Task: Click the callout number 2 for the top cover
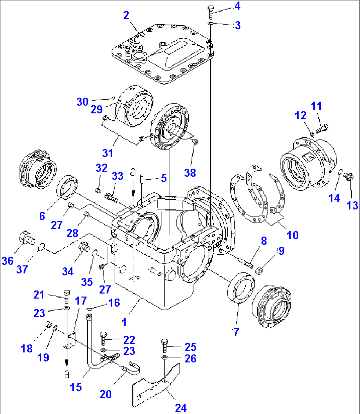tap(126, 15)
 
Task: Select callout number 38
tap(190, 172)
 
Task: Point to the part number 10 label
tap(293, 235)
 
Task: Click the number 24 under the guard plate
tap(180, 408)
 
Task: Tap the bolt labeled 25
tap(164, 346)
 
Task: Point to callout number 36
tap(8, 261)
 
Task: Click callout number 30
tap(83, 102)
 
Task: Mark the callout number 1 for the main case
tap(124, 321)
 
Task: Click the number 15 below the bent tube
tap(76, 387)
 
